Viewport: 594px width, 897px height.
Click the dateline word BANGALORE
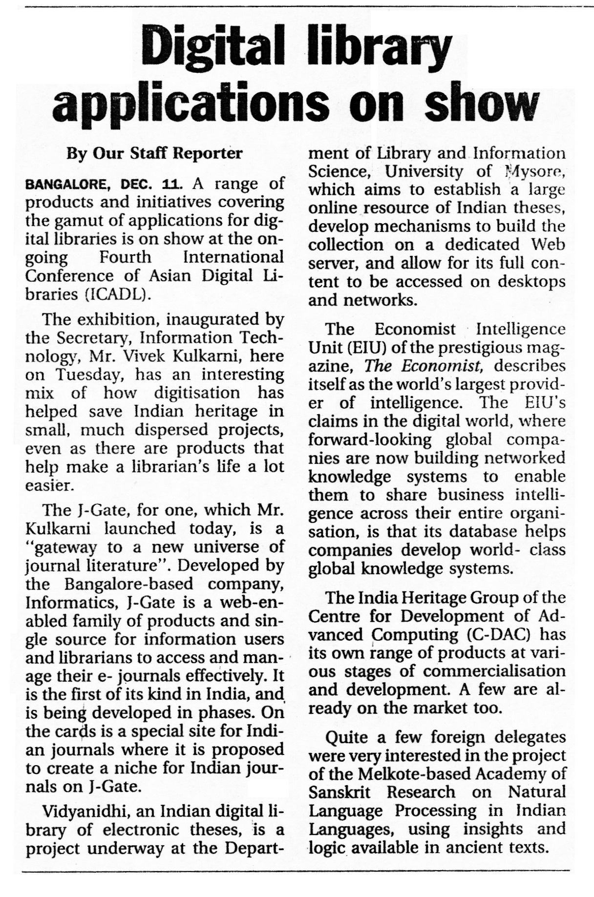[69, 185]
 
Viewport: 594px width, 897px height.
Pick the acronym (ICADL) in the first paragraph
[116, 295]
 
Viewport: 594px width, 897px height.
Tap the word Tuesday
[92, 375]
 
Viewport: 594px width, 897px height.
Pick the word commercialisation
[494, 671]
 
